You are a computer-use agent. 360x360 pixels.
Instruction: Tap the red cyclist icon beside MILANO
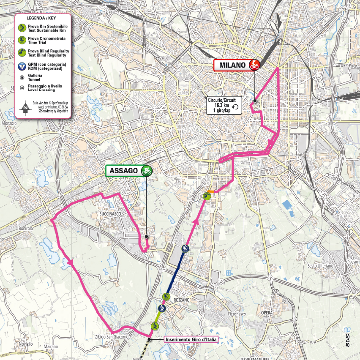[x=254, y=65]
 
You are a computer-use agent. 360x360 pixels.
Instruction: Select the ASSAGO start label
[x=123, y=171]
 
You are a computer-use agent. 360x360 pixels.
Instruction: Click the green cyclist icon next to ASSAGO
[x=147, y=171]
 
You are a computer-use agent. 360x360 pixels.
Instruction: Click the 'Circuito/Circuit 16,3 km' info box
[x=224, y=104]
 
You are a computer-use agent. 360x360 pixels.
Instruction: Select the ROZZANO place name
[x=180, y=300]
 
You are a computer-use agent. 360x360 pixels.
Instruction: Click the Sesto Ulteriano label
[x=321, y=266]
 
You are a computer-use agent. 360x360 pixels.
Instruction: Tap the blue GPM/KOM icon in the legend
[x=22, y=66]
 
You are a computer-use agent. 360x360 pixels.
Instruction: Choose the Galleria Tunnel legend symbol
[x=22, y=77]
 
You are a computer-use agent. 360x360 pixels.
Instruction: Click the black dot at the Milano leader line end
[x=255, y=101]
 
